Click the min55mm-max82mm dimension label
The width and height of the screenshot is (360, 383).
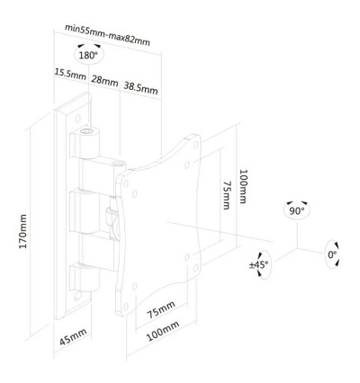coord(107,28)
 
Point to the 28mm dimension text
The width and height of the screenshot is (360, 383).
coord(106,81)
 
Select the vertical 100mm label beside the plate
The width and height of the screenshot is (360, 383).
coord(244,186)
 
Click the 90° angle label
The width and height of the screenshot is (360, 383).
coord(297,212)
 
